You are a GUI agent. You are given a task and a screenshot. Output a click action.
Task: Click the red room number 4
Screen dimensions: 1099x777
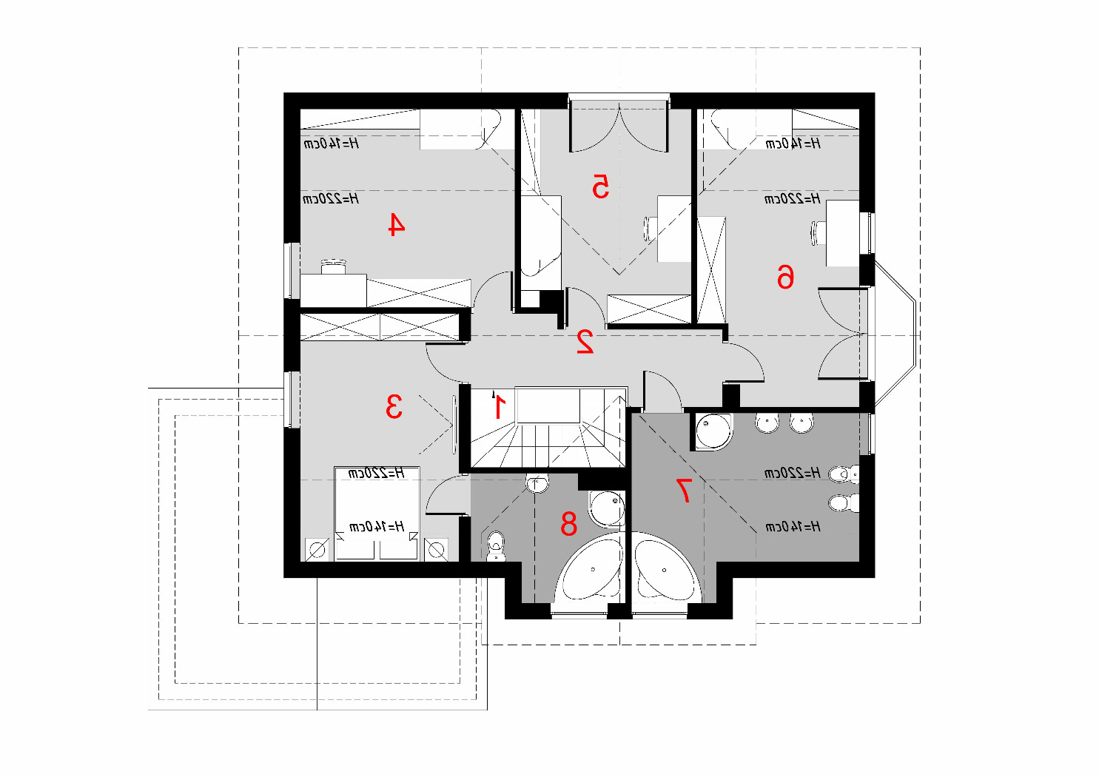(397, 224)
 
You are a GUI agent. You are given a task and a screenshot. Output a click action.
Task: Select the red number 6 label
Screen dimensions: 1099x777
(785, 277)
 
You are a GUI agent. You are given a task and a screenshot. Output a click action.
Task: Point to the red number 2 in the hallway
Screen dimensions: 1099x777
(585, 342)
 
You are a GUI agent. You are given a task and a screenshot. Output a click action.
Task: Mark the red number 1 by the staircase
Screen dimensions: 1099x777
(499, 407)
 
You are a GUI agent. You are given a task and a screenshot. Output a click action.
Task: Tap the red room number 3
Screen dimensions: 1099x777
(394, 406)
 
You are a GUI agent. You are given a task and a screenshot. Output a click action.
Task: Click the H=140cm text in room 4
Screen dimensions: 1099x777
(331, 144)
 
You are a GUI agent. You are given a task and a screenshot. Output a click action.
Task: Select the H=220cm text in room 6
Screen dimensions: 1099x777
(793, 198)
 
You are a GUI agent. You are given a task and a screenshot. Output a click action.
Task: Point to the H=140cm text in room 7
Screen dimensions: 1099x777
(793, 527)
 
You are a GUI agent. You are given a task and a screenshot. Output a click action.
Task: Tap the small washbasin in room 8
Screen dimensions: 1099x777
(537, 484)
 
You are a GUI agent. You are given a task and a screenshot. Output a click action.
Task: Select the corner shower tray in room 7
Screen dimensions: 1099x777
(713, 431)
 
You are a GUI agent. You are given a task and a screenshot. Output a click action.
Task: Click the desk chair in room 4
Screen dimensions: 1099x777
(334, 266)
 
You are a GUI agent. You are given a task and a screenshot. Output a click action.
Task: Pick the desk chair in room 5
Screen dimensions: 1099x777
(651, 229)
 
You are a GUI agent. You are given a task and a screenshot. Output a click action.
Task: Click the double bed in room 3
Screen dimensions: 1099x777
(377, 514)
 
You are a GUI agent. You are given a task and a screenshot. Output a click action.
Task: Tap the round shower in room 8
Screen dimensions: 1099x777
(607, 508)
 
